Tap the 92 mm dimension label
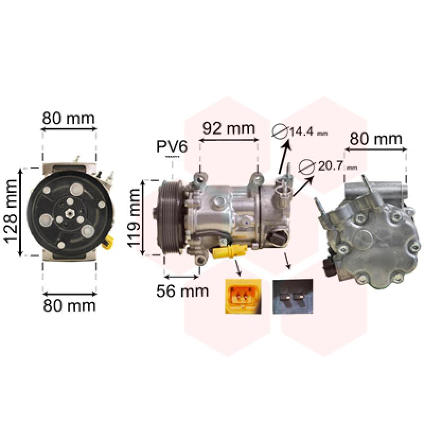pyautogui.click(x=229, y=129)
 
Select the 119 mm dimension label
pyautogui.click(x=134, y=218)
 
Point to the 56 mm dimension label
pyautogui.click(x=182, y=291)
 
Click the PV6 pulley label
pyautogui.click(x=172, y=147)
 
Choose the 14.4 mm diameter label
pyautogui.click(x=308, y=131)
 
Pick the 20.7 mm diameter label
pyautogui.click(x=338, y=166)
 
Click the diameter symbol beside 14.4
pyautogui.click(x=279, y=131)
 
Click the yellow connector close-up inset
pyautogui.click(x=243, y=296)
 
